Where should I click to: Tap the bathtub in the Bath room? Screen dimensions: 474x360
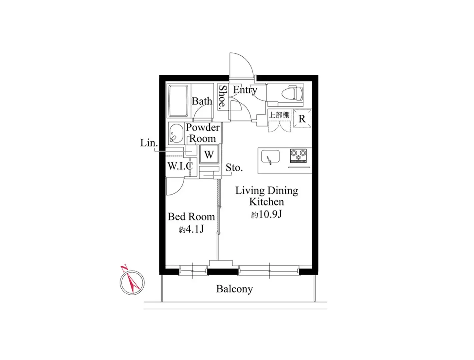[178, 101]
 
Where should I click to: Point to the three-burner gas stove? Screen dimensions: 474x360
[298, 155]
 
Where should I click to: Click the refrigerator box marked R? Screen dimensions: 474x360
[302, 118]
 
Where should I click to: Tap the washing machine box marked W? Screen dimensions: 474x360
[209, 154]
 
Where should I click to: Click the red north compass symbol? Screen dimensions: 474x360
[132, 281]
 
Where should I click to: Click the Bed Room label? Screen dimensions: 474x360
[191, 217]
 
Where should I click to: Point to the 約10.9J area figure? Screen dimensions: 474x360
[266, 214]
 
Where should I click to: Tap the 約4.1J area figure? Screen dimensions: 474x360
[191, 230]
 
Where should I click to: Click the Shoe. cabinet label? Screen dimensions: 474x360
[223, 96]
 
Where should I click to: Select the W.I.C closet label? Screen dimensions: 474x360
[180, 166]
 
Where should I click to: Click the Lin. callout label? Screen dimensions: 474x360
[149, 143]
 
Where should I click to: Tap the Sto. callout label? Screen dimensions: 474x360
[234, 168]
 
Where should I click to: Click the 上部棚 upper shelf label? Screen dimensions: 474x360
[279, 115]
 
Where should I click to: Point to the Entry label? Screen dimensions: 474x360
[245, 90]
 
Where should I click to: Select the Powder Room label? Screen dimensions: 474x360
[203, 133]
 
